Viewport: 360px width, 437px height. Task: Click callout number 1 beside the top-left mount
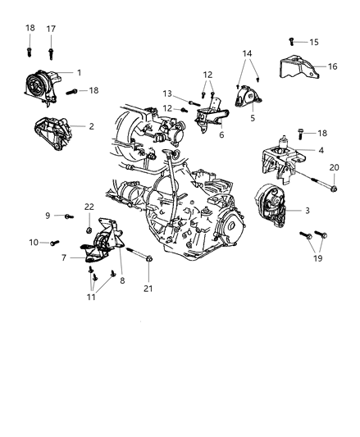tap(80, 74)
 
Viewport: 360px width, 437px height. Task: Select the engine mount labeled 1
tap(41, 87)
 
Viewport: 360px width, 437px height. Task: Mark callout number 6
tap(221, 135)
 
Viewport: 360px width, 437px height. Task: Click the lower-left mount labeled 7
tap(97, 251)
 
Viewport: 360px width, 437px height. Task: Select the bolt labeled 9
tap(66, 216)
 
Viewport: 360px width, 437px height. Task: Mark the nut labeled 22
tap(88, 219)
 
